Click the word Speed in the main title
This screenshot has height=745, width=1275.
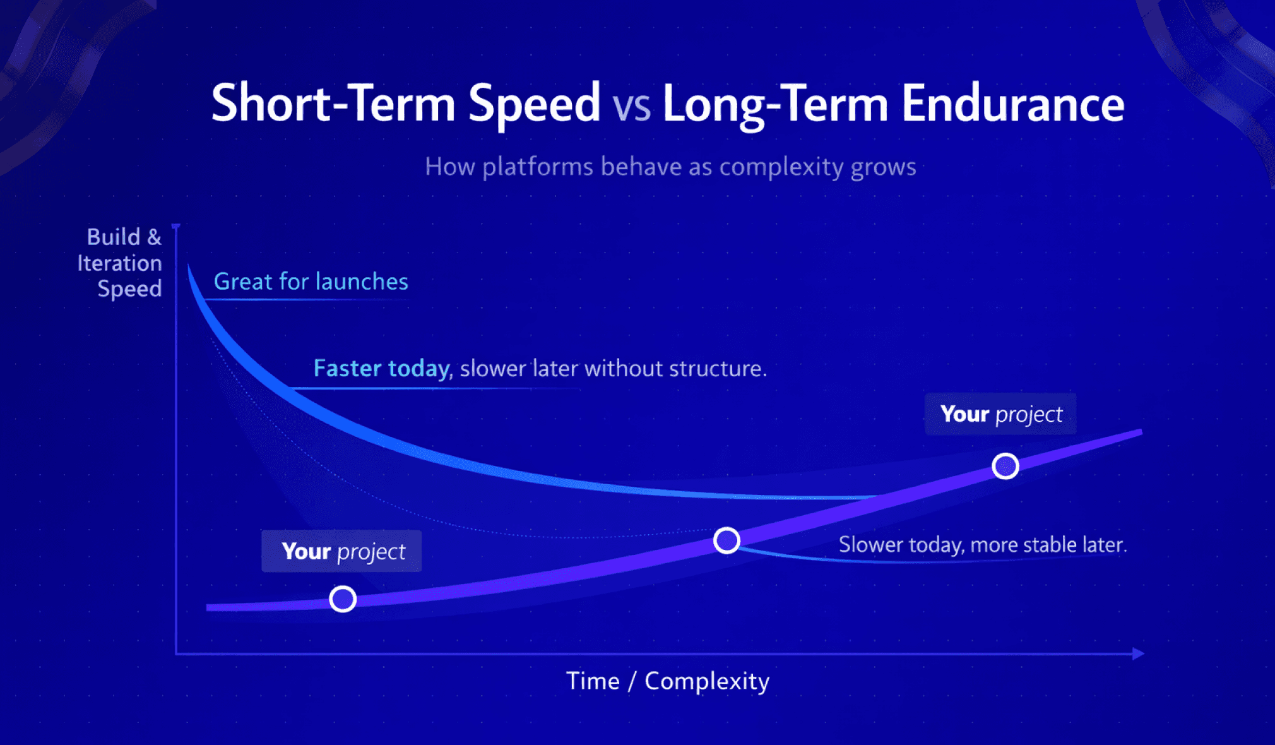tap(533, 104)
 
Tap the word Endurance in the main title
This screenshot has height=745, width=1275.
tap(1012, 104)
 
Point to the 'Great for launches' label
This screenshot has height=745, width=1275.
tap(311, 282)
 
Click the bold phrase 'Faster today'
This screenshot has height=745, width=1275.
tap(381, 368)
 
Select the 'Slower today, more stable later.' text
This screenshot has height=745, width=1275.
tap(982, 544)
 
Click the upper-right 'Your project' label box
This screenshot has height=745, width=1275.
tap(1000, 414)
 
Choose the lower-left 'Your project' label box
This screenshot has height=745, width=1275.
tap(341, 551)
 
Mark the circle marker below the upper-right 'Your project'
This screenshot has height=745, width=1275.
tap(1005, 466)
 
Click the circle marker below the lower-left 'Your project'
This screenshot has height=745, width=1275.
tap(343, 599)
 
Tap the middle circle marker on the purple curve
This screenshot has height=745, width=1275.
tap(726, 540)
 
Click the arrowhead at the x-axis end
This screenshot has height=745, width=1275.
tap(1138, 653)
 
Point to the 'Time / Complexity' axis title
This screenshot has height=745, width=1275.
tap(668, 681)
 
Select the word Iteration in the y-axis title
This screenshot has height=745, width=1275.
tap(119, 263)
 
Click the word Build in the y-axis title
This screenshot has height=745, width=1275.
tap(114, 237)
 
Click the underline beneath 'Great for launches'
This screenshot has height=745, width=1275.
tap(303, 299)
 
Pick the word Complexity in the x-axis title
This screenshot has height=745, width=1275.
tap(707, 681)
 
